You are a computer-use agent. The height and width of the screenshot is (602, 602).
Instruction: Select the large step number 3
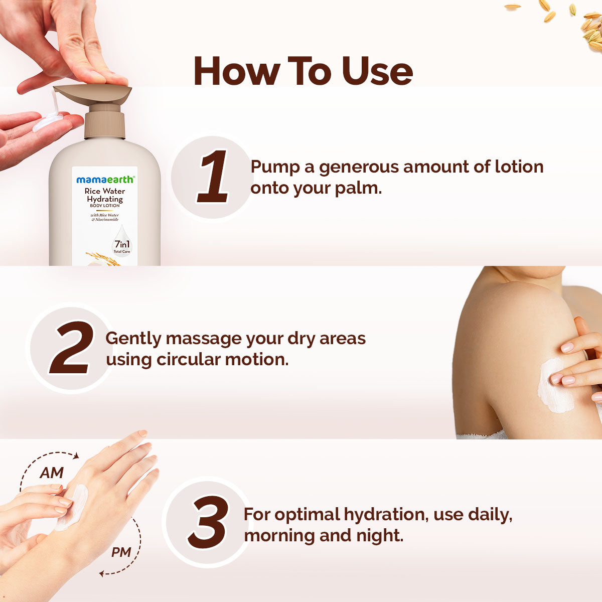(x=208, y=522)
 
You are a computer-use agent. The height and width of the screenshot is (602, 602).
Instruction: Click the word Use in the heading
(x=377, y=71)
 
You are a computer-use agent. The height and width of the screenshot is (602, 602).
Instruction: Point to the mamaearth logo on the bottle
(x=105, y=180)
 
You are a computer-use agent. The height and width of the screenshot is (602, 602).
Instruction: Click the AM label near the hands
(x=51, y=473)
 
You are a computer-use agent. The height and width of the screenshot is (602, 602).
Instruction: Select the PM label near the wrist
(x=121, y=553)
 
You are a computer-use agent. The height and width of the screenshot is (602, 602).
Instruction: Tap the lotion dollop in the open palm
(x=48, y=121)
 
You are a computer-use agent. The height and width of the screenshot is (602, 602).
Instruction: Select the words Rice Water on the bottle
(x=105, y=191)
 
